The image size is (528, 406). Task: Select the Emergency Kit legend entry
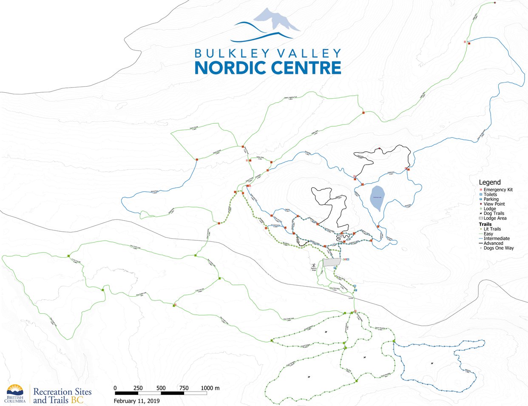click(498, 190)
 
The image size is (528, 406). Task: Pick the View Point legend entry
click(494, 204)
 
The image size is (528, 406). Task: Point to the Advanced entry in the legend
click(493, 243)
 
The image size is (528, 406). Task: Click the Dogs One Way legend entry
click(498, 248)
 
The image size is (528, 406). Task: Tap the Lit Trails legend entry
click(492, 229)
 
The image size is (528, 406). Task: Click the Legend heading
click(490, 182)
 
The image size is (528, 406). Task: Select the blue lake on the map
click(376, 199)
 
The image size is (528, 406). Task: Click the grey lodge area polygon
click(332, 262)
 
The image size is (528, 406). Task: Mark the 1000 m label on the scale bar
click(210, 388)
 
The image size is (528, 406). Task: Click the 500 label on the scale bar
click(161, 388)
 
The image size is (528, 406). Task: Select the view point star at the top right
click(495, 3)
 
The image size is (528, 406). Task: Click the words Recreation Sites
click(62, 392)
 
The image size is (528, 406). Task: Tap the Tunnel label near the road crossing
click(351, 299)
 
